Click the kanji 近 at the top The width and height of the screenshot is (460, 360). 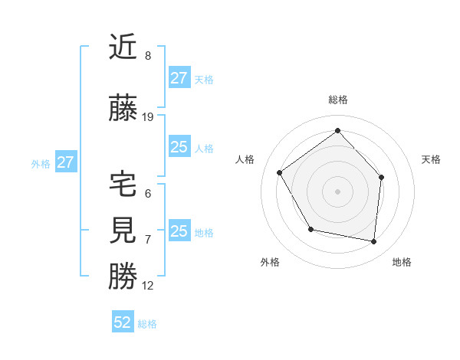pos(123,48)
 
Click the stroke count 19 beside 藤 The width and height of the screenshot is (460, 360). pos(148,117)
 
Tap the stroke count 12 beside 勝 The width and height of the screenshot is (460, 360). pos(148,286)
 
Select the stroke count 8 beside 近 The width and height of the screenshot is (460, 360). pos(148,56)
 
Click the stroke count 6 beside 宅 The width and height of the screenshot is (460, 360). pos(148,194)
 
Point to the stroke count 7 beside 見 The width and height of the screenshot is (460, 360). pos(148,240)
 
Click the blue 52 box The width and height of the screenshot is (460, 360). pos(123,322)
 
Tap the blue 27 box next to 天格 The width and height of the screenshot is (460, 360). pos(179,78)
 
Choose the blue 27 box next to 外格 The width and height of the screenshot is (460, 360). pos(65,162)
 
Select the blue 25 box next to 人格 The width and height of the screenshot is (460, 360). pos(179,147)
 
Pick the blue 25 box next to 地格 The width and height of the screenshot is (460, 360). pos(179,231)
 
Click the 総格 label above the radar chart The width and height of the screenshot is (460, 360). pos(337,100)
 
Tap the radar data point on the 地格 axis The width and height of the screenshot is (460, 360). pos(373,241)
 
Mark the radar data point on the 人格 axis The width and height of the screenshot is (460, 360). pos(280,172)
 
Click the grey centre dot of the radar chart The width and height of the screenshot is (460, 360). pos(337,191)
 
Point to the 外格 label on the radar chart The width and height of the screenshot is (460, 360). pos(270,262)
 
